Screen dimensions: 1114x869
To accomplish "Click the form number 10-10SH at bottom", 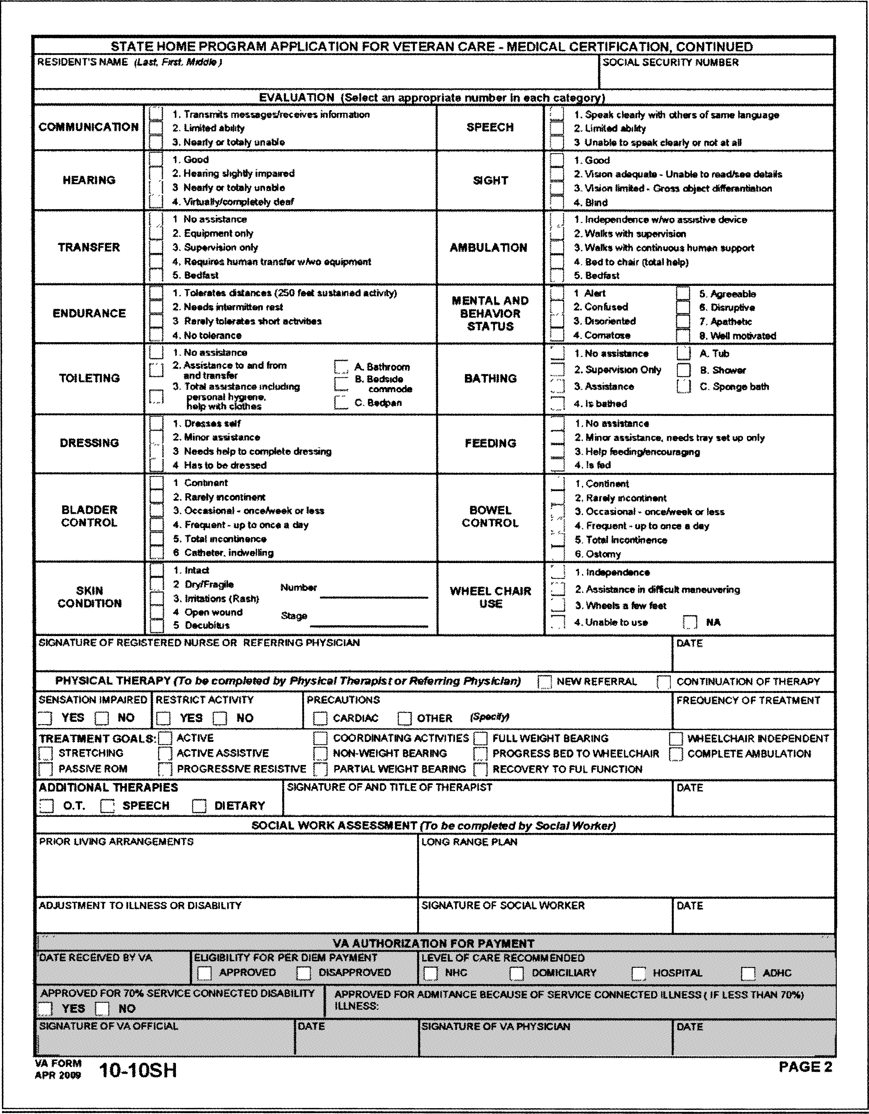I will [138, 1070].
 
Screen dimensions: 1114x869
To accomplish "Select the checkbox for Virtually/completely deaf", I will [156, 202].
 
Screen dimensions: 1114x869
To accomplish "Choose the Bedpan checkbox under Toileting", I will [341, 402].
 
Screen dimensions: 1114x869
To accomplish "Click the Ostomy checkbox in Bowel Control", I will [557, 554].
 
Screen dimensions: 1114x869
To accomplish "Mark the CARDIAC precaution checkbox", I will [320, 718].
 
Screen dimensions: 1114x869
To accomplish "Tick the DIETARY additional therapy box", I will [199, 806].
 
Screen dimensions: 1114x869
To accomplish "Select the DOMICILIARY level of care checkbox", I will [517, 973].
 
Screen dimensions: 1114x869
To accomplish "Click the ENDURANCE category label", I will [89, 313].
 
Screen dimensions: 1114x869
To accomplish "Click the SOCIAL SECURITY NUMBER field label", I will [670, 62].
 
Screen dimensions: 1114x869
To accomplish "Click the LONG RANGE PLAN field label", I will [469, 842].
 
